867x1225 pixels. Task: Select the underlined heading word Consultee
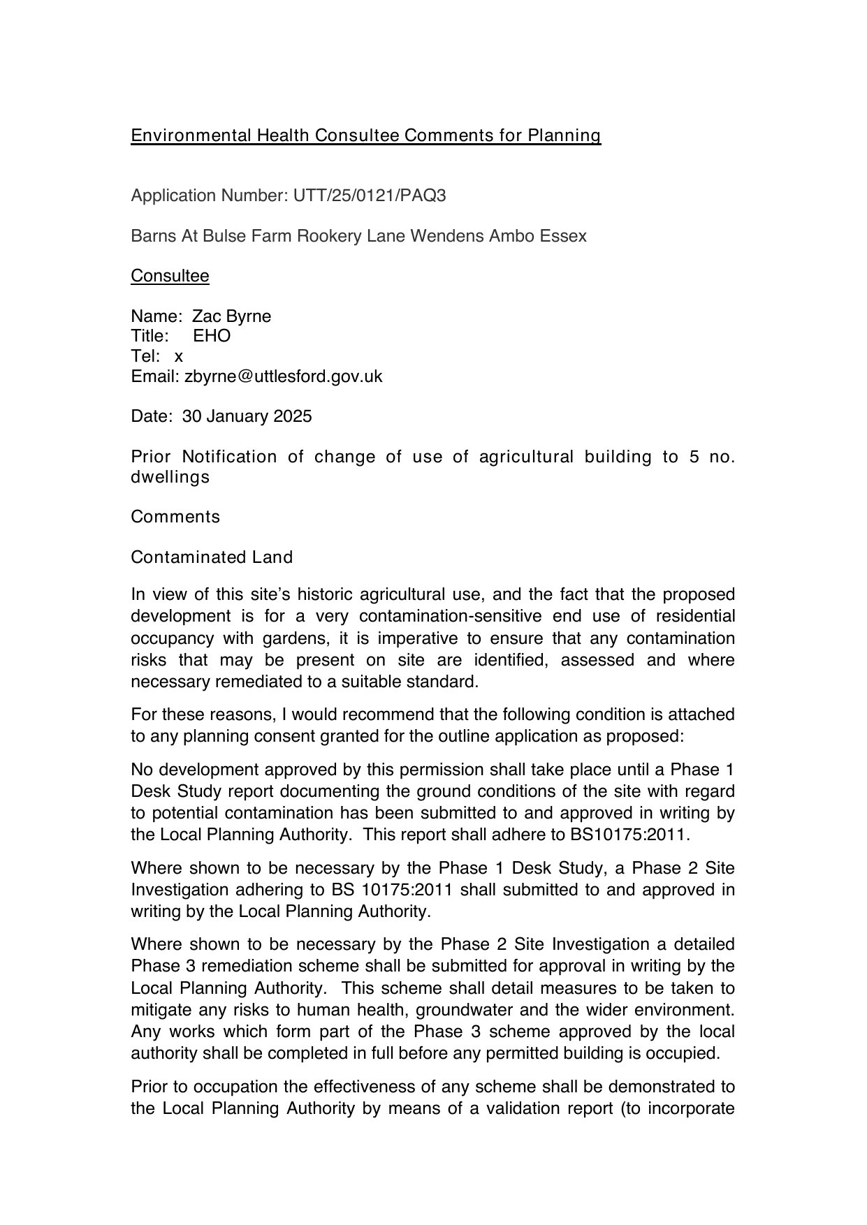pos(170,276)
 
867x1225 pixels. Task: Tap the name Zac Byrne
pos(231,316)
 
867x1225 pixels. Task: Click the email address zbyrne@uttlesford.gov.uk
pos(283,376)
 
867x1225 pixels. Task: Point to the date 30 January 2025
pos(247,417)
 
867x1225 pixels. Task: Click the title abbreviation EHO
pos(212,336)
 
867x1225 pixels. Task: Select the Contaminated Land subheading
pos(212,557)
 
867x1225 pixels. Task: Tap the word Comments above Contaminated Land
pos(175,517)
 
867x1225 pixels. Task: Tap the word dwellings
pos(170,478)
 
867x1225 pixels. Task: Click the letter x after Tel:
pos(179,357)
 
